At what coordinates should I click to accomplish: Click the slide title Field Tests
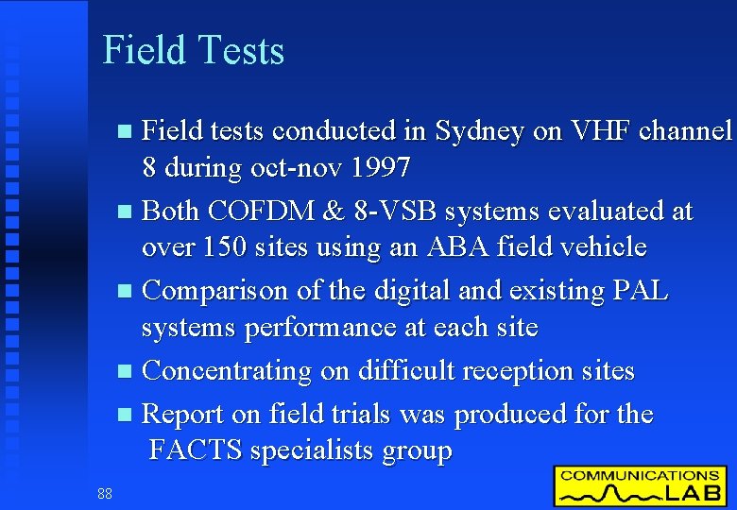point(193,50)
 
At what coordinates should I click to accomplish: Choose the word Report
point(182,415)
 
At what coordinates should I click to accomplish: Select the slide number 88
point(104,492)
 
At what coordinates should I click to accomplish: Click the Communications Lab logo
point(640,485)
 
